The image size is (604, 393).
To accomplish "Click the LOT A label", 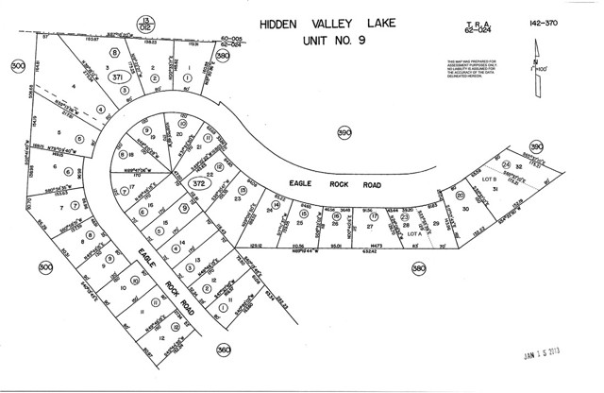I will [412, 233].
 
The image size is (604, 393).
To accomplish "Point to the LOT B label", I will [489, 178].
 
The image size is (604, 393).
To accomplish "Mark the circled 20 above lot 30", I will [460, 196].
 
